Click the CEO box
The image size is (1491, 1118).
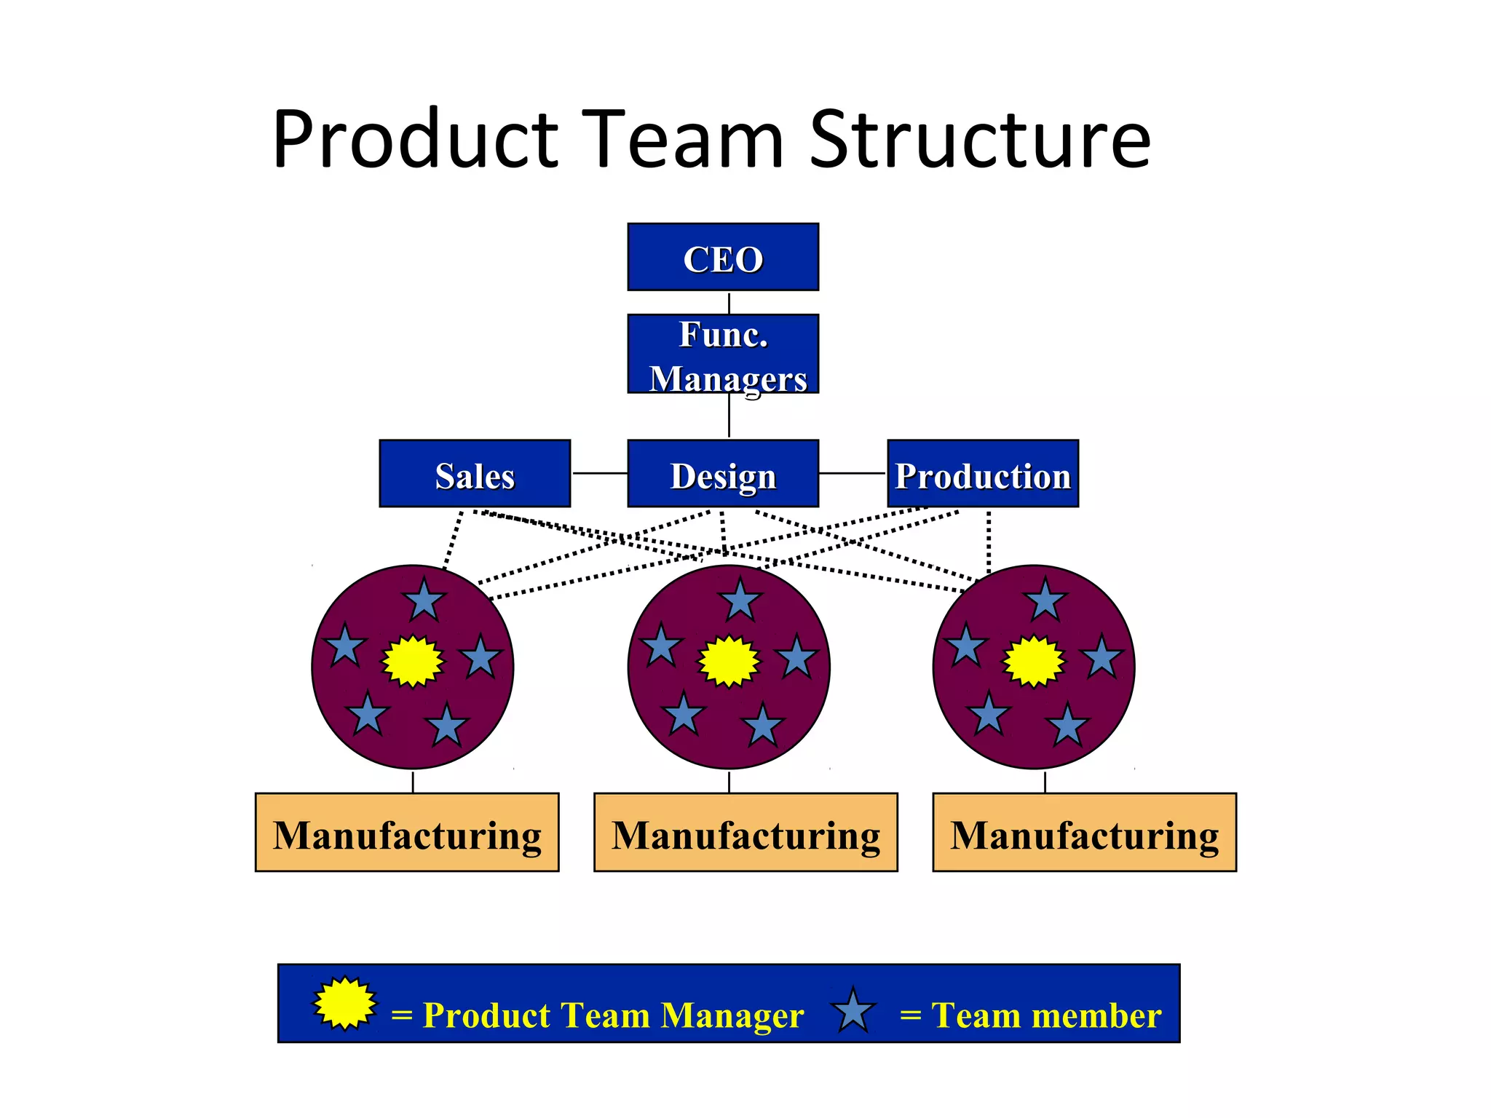pos(722,257)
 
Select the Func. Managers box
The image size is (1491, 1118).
pos(722,354)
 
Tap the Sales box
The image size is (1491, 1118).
pos(475,473)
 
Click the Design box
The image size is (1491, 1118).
pos(722,473)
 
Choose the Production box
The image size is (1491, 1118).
pos(982,473)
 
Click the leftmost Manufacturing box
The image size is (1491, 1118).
pos(407,832)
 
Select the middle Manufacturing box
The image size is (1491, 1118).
pos(745,832)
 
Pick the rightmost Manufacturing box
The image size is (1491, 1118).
pos(1084,832)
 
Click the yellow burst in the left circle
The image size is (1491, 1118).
pos(413,661)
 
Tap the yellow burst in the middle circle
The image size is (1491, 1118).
pos(729,661)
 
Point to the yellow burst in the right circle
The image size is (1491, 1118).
pos(1033,661)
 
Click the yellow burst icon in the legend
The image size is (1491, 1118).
pos(345,1003)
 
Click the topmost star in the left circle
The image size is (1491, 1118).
pos(424,601)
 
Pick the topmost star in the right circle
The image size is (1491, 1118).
pos(1045,601)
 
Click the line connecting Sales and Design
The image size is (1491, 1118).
pos(599,473)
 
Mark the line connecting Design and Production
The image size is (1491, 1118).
pos(853,473)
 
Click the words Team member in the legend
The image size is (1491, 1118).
pos(1046,1015)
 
